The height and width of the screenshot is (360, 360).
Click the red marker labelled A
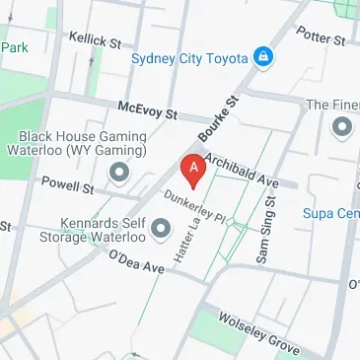click(x=193, y=170)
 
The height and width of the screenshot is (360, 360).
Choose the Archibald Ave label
click(x=243, y=172)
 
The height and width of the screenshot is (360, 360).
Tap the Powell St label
click(x=67, y=184)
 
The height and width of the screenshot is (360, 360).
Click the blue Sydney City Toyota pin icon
click(x=263, y=58)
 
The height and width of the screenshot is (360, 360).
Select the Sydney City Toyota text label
click(x=189, y=58)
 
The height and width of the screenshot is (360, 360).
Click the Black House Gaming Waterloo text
click(x=83, y=144)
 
